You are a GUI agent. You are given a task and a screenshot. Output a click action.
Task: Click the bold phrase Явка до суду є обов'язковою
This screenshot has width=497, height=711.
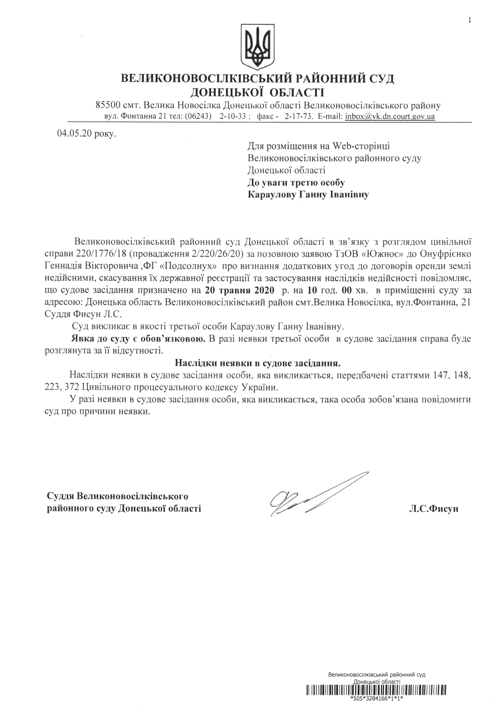tap(139, 338)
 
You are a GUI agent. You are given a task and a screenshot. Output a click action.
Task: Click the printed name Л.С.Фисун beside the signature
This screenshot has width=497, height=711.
tap(433, 509)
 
